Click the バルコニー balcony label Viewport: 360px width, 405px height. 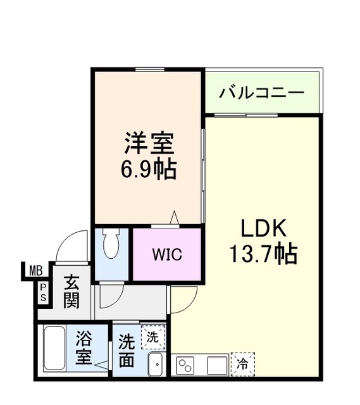click(262, 93)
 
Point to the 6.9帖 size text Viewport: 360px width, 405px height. click(148, 170)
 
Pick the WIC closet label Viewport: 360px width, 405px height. click(166, 255)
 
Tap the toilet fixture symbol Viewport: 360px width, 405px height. click(111, 244)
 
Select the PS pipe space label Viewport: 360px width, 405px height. click(44, 292)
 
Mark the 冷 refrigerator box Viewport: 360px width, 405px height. click(242, 364)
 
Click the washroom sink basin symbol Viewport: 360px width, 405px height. click(156, 364)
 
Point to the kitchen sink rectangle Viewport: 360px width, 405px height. click(216, 365)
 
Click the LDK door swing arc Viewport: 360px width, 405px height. click(182, 297)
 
